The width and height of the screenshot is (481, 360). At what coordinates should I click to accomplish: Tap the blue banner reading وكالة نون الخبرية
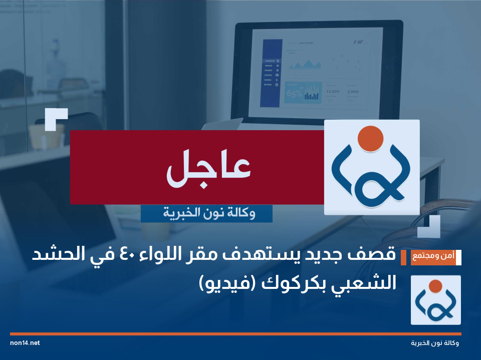pyautogui.click(x=206, y=213)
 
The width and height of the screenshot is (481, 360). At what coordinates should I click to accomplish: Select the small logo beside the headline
pyautogui.click(x=435, y=300)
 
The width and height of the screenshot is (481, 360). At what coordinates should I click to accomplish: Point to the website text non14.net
pyautogui.click(x=25, y=343)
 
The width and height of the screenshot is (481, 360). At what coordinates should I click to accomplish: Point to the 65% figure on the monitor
pyautogui.click(x=294, y=93)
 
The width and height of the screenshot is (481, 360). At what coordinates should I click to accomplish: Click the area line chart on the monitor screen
pyautogui.click(x=305, y=64)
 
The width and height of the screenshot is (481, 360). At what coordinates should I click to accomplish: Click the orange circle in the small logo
pyautogui.click(x=435, y=286)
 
